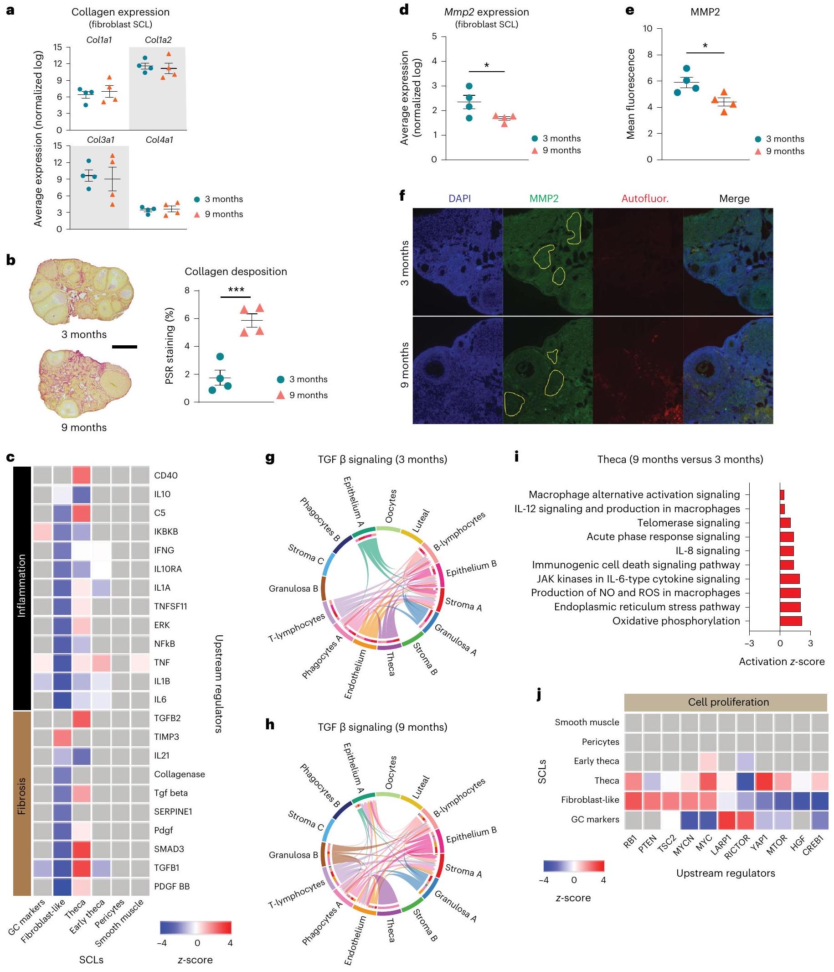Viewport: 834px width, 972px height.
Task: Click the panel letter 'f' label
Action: (402, 195)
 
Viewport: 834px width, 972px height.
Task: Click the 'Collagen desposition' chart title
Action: (236, 271)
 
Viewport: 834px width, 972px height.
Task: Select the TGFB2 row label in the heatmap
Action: (167, 718)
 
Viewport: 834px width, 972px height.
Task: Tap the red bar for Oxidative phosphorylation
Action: (791, 621)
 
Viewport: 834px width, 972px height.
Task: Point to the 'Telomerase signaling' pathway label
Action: (688, 523)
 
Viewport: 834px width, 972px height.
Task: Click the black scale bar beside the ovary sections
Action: (125, 347)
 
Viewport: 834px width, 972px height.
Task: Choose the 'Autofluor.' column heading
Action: (644, 198)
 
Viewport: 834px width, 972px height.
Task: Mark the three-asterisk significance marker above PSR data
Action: (236, 290)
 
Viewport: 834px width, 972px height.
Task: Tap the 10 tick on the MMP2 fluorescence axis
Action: (648, 29)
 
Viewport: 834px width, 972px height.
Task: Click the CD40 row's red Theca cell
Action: (82, 475)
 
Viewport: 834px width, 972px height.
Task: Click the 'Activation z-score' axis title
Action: (782, 661)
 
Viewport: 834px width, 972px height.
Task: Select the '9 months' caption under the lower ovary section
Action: (84, 427)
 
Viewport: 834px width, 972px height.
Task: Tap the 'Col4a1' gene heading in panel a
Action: (160, 140)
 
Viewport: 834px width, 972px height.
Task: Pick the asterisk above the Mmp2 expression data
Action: (487, 66)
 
